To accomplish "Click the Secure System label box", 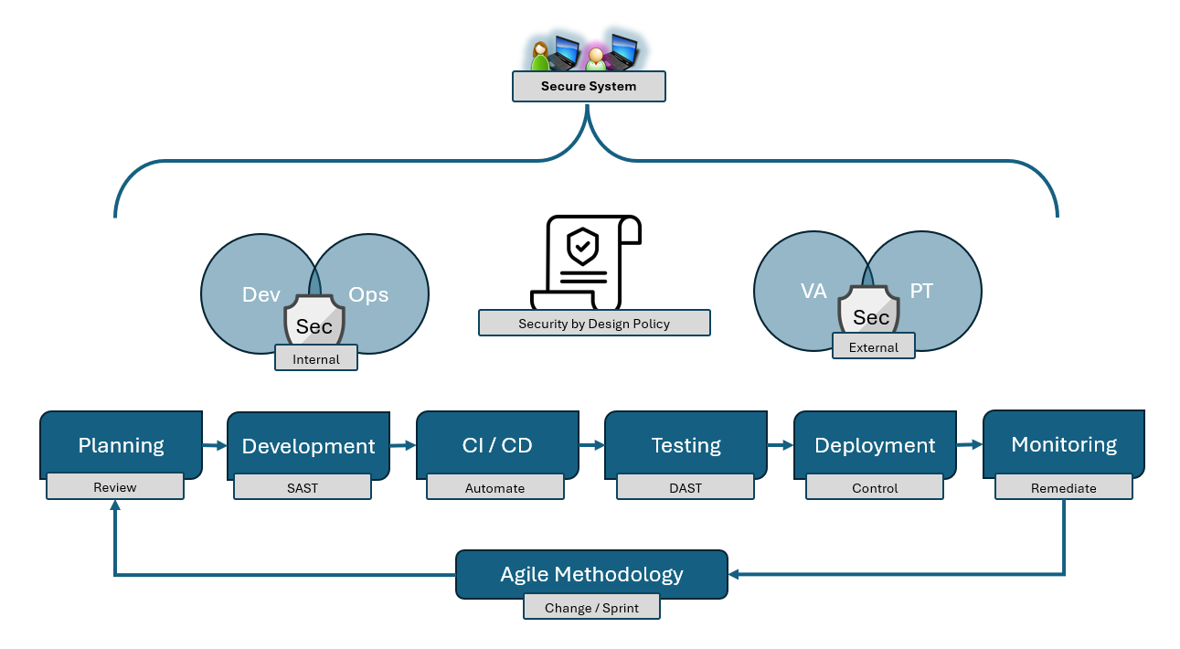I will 588,87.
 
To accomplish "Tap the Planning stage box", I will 121,444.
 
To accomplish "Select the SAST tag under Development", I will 303,488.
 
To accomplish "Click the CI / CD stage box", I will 497,445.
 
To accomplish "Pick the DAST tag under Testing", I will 686,488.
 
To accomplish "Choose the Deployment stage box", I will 875,445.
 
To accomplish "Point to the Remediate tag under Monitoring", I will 1063,488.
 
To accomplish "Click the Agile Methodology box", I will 591,574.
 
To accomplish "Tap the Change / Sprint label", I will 591,608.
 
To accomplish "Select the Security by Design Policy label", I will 594,324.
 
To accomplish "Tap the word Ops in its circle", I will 368,295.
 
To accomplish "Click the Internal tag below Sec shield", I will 316,359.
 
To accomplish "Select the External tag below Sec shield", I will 874,347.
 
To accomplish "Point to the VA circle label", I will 813,292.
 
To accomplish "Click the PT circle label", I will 921,292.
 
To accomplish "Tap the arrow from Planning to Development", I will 214,446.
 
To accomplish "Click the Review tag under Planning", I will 115,487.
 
